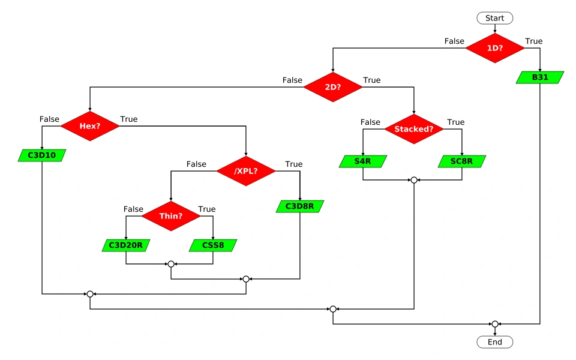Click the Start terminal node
[x=494, y=18]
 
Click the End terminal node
[x=494, y=342]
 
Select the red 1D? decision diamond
[x=494, y=47]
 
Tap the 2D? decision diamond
[x=332, y=86]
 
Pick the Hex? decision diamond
[x=89, y=125]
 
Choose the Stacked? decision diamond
[x=413, y=128]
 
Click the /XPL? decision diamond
[x=246, y=170]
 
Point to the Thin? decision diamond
[x=171, y=215]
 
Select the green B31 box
[x=540, y=77]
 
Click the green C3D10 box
[x=42, y=155]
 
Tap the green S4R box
[x=362, y=161]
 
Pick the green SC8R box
[x=462, y=161]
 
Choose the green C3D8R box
[x=299, y=206]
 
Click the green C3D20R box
[x=125, y=245]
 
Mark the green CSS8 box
[x=213, y=245]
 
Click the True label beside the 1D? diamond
[x=533, y=41]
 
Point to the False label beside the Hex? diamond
[x=49, y=119]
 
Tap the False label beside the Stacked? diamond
[x=370, y=122]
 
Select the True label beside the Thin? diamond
[x=206, y=209]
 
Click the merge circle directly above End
[x=494, y=324]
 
